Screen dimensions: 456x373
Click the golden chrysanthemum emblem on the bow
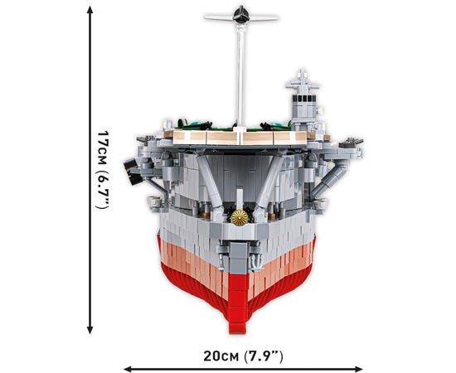coord(240,217)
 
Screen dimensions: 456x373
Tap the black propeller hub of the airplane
coord(241,15)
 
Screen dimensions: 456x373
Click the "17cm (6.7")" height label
coord(103,170)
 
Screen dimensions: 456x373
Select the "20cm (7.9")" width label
coord(243,356)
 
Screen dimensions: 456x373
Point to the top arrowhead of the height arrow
coord(90,10)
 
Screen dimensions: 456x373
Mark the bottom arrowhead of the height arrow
coord(90,330)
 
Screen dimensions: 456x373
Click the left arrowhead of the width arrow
coord(128,369)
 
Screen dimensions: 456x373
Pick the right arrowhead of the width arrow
coord(358,369)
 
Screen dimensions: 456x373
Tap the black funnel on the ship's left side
coord(133,172)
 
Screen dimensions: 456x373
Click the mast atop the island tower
coord(302,82)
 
